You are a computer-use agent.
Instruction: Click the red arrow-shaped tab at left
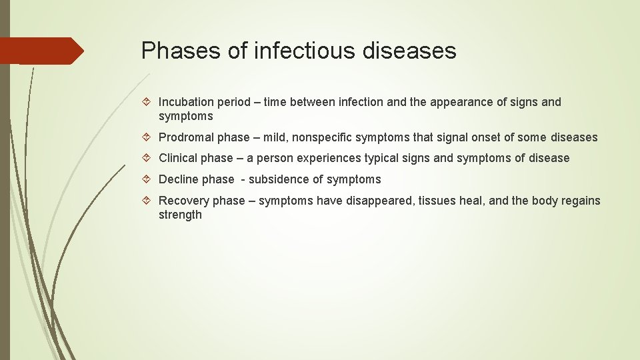[x=41, y=51]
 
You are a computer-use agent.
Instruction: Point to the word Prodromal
[x=185, y=137]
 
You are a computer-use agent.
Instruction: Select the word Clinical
[x=177, y=158]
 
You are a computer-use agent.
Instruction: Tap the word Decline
[x=178, y=179]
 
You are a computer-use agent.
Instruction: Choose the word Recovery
[x=184, y=201]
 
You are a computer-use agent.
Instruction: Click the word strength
[x=180, y=215]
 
